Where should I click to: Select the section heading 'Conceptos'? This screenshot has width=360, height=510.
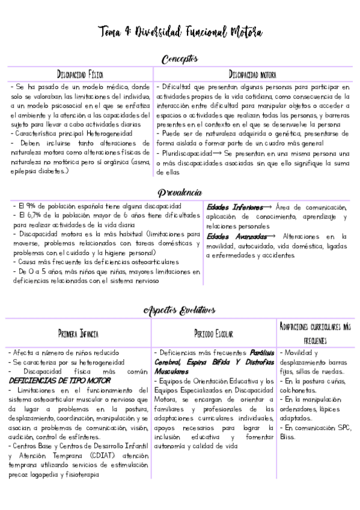coord(180,59)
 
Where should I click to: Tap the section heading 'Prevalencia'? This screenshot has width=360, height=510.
coord(180,192)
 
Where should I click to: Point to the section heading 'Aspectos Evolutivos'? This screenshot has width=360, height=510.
coord(180,310)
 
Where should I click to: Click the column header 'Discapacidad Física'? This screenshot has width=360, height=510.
coord(80,75)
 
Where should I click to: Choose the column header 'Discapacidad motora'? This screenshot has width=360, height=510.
coord(252,75)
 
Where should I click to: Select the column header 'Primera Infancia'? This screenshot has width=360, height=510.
coord(79,333)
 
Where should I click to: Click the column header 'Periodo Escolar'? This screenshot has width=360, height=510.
coord(214,333)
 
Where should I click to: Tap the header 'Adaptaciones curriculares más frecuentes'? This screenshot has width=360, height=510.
coord(315,333)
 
